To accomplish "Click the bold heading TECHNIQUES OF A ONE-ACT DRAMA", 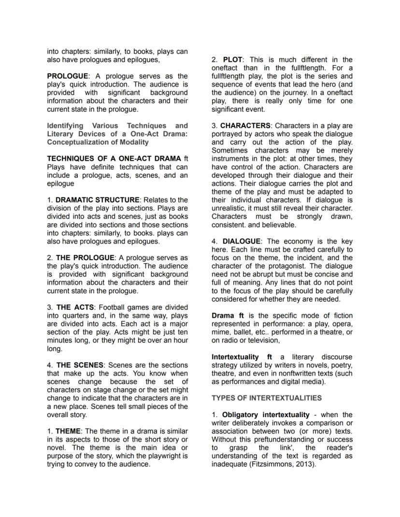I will coord(114,158).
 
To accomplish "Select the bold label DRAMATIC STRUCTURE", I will coord(98,200).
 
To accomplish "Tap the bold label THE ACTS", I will coord(75,307).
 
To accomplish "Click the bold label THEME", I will coord(68,431).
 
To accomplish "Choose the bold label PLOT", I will coord(233,60).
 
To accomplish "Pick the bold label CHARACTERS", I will coord(245,126).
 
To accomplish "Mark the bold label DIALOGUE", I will coord(242,241).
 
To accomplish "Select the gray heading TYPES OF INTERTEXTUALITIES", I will coord(266,398).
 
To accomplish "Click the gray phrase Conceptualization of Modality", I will coord(98,142).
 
